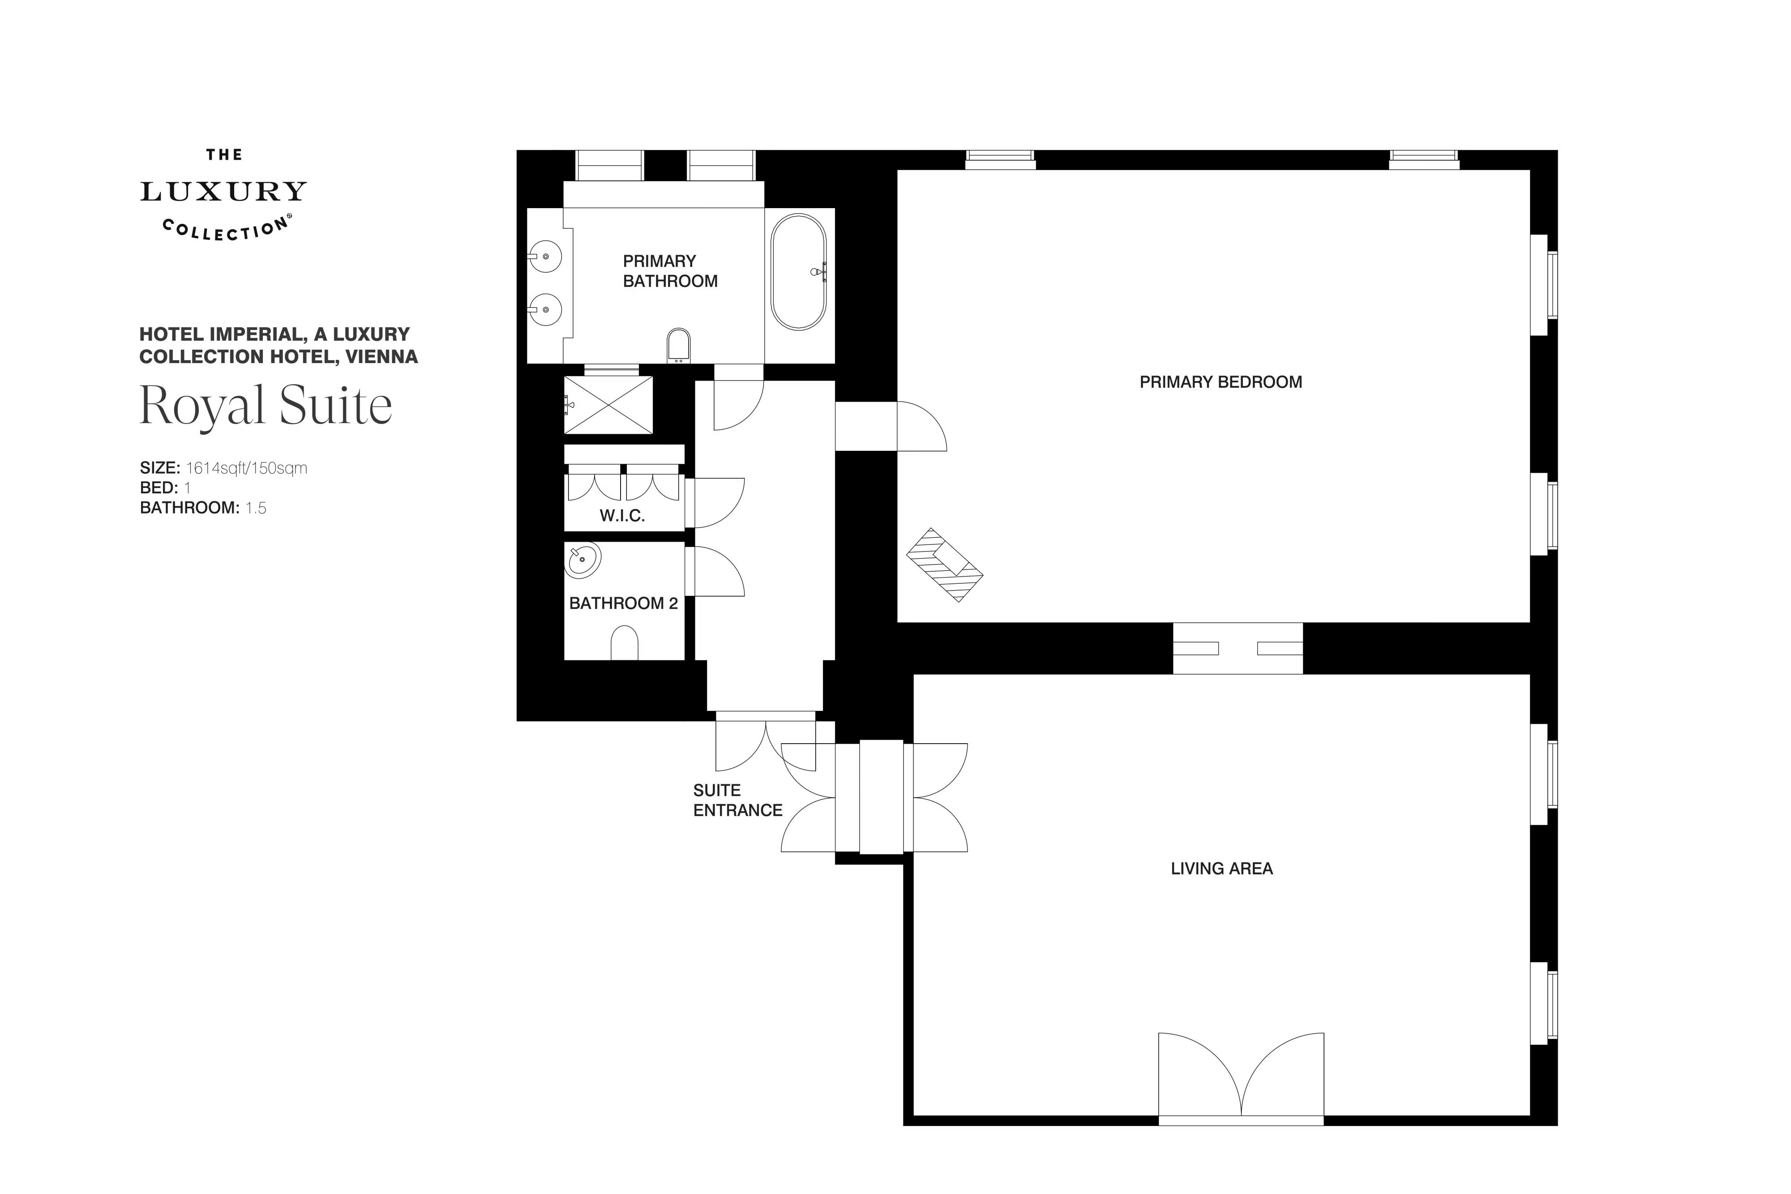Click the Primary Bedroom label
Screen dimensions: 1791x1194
coord(1221,382)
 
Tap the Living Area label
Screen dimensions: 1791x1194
coord(1221,869)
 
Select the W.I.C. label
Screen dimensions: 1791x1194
coord(622,516)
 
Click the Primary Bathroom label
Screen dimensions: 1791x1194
coord(670,271)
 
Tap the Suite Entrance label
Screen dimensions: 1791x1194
coord(737,800)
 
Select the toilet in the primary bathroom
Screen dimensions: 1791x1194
coord(678,346)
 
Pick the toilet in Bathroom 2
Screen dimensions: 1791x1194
coord(625,643)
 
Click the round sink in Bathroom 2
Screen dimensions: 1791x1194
coord(584,561)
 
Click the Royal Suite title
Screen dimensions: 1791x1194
coord(266,406)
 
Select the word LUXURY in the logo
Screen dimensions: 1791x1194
coord(223,192)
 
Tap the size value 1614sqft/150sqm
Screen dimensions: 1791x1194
coord(247,468)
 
